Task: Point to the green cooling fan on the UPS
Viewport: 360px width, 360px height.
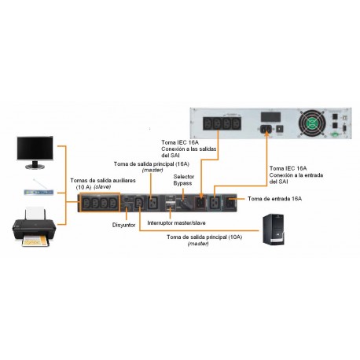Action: pos(311,123)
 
